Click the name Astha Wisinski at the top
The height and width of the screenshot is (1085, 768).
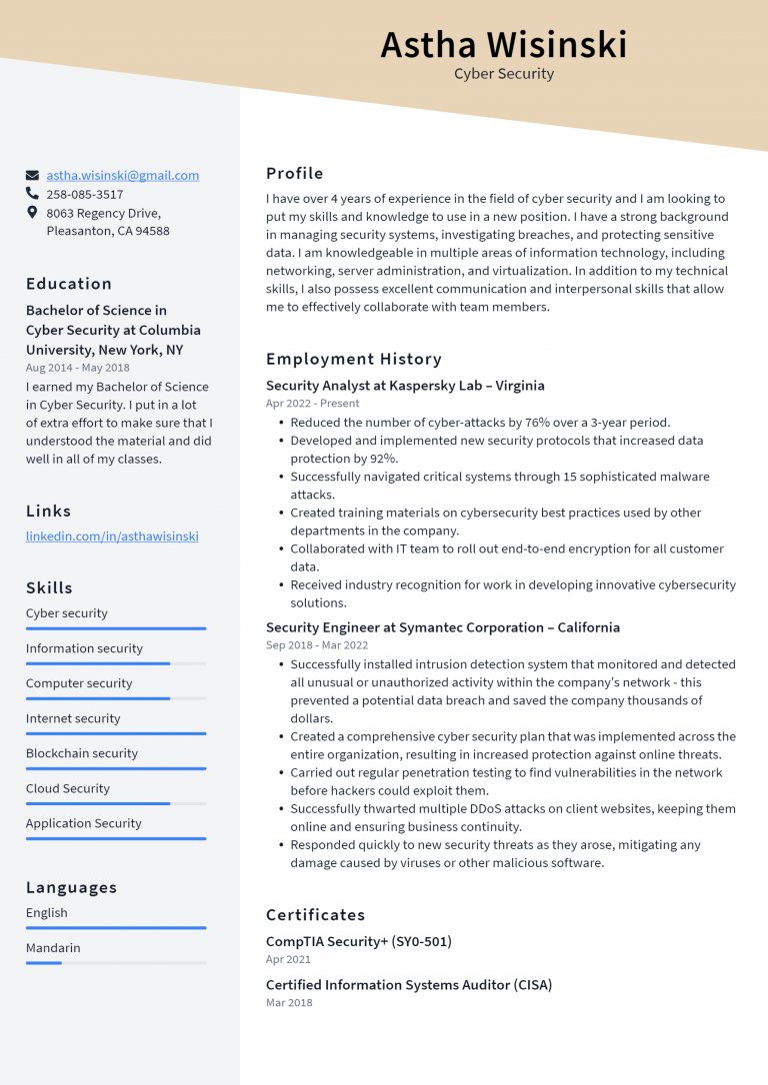503,45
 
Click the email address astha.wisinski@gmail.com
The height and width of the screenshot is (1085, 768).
122,175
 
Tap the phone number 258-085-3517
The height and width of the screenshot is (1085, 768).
85,195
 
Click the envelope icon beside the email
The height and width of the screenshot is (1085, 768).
33,175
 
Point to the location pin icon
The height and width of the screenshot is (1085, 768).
33,213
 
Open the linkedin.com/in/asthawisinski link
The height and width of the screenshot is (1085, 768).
112,537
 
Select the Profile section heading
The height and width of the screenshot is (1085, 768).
294,173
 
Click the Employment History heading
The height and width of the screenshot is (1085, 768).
353,359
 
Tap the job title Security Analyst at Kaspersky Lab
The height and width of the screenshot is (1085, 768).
405,386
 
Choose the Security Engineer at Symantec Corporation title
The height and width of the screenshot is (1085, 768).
442,627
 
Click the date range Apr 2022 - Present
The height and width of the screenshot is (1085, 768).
312,404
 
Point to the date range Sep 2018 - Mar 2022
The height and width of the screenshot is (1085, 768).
316,645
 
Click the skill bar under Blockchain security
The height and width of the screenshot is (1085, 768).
116,768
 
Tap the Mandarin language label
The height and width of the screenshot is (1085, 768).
53,948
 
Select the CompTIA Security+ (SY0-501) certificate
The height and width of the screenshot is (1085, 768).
358,941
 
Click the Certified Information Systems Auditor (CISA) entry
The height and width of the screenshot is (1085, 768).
408,985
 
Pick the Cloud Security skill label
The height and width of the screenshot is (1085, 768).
68,788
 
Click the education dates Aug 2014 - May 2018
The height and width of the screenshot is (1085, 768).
78,368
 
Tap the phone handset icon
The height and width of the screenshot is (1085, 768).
33,194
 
